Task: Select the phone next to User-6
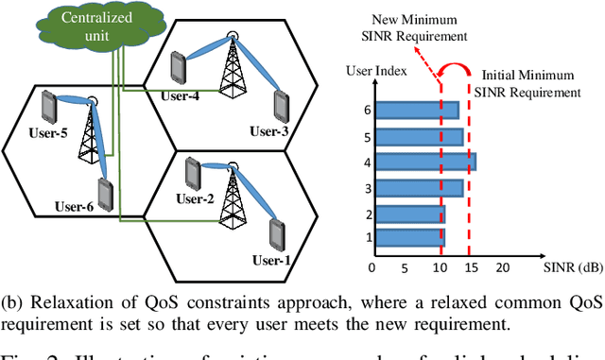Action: tap(105, 195)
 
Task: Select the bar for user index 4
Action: tap(423, 163)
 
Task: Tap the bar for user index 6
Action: tap(415, 111)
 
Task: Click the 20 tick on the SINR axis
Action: tap(502, 268)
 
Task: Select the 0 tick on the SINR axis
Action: tap(372, 268)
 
